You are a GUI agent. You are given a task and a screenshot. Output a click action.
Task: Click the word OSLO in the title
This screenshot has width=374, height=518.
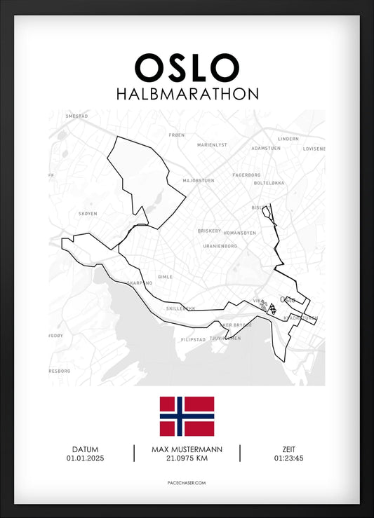(x=187, y=68)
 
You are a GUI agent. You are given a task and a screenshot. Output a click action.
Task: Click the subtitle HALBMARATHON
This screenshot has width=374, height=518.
(x=187, y=93)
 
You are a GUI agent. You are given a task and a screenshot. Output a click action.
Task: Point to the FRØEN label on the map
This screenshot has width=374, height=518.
(x=177, y=134)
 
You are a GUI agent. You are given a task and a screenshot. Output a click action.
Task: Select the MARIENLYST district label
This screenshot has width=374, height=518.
(x=212, y=144)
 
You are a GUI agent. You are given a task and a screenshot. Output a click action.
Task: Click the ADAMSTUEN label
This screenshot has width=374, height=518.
(x=266, y=149)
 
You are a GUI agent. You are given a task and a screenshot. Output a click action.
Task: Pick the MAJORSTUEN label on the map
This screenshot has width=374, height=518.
(x=199, y=180)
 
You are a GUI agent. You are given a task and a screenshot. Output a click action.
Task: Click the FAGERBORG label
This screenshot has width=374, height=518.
(x=246, y=175)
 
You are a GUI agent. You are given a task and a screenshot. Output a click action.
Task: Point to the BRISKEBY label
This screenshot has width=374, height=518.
(x=209, y=231)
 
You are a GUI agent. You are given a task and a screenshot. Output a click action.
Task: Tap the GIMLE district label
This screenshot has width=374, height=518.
(x=165, y=277)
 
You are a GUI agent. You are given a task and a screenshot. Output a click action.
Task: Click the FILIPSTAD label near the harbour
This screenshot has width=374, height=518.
(x=193, y=339)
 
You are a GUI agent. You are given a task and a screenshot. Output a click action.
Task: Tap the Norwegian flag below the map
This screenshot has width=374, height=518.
(x=187, y=416)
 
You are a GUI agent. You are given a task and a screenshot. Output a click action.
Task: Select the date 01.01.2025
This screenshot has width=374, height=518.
(x=85, y=459)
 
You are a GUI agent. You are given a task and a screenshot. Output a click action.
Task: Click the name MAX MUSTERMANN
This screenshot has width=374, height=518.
(x=187, y=449)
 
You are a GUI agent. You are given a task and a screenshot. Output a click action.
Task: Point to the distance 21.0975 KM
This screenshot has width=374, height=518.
(x=187, y=459)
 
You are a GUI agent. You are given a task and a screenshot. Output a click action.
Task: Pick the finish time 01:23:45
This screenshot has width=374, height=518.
(x=289, y=459)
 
